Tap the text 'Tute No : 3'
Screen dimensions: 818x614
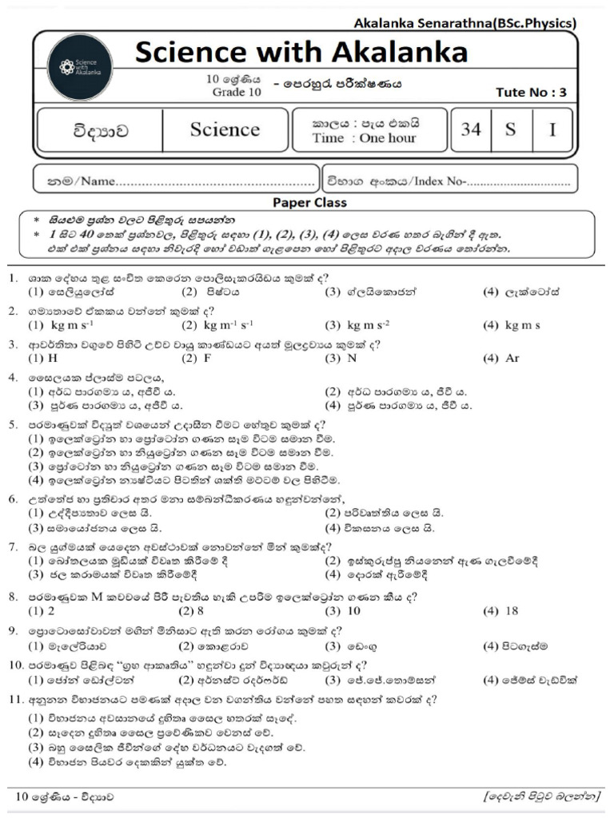coord(530,92)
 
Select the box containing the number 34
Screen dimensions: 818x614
coord(471,129)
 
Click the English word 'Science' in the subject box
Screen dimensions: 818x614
coord(225,129)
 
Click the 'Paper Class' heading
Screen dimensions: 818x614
coord(309,202)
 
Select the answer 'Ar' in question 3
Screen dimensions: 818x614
coord(512,359)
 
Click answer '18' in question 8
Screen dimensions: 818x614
coord(512,611)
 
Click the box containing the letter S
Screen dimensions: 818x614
coord(510,129)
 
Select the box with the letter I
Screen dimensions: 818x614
coord(552,129)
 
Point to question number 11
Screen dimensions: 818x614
coord(14,700)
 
